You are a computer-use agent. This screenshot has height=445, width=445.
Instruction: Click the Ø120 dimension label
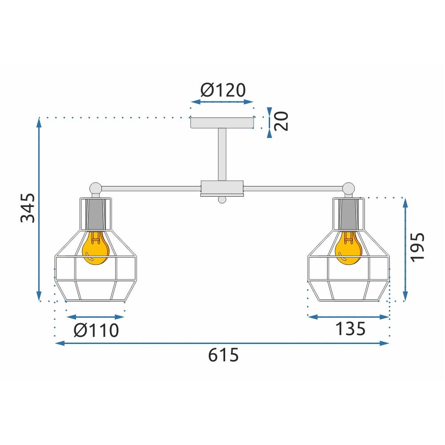(223, 90)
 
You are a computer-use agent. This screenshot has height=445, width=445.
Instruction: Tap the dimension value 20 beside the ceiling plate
(282, 121)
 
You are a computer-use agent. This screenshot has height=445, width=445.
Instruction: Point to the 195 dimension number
(418, 247)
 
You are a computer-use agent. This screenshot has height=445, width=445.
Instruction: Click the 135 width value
(350, 329)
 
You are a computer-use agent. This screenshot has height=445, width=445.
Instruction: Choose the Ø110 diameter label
(97, 330)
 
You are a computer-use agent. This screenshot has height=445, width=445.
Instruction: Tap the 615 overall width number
(224, 355)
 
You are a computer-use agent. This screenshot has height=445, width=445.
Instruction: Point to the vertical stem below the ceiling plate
(222, 154)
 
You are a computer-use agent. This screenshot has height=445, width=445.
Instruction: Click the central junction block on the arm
(222, 187)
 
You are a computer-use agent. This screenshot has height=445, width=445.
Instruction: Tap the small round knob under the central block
(222, 199)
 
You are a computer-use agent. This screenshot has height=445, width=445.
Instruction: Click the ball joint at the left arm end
(95, 188)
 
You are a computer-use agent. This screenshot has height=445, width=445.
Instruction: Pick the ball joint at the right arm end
(349, 188)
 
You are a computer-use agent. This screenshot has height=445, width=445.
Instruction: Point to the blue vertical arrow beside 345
(39, 209)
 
